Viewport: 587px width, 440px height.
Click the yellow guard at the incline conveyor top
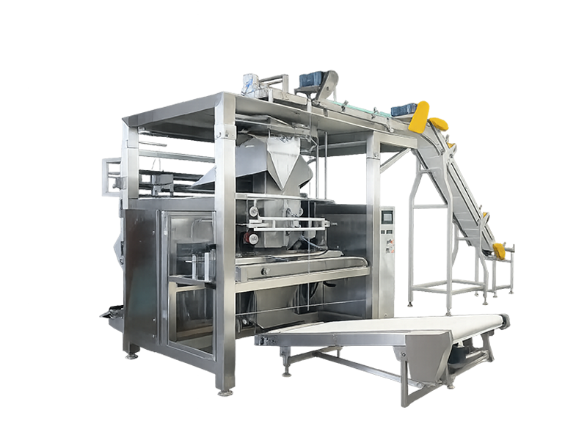tap(426, 116)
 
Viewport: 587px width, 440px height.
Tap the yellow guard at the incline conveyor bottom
tap(499, 250)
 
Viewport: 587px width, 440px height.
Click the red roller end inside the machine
tap(253, 239)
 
